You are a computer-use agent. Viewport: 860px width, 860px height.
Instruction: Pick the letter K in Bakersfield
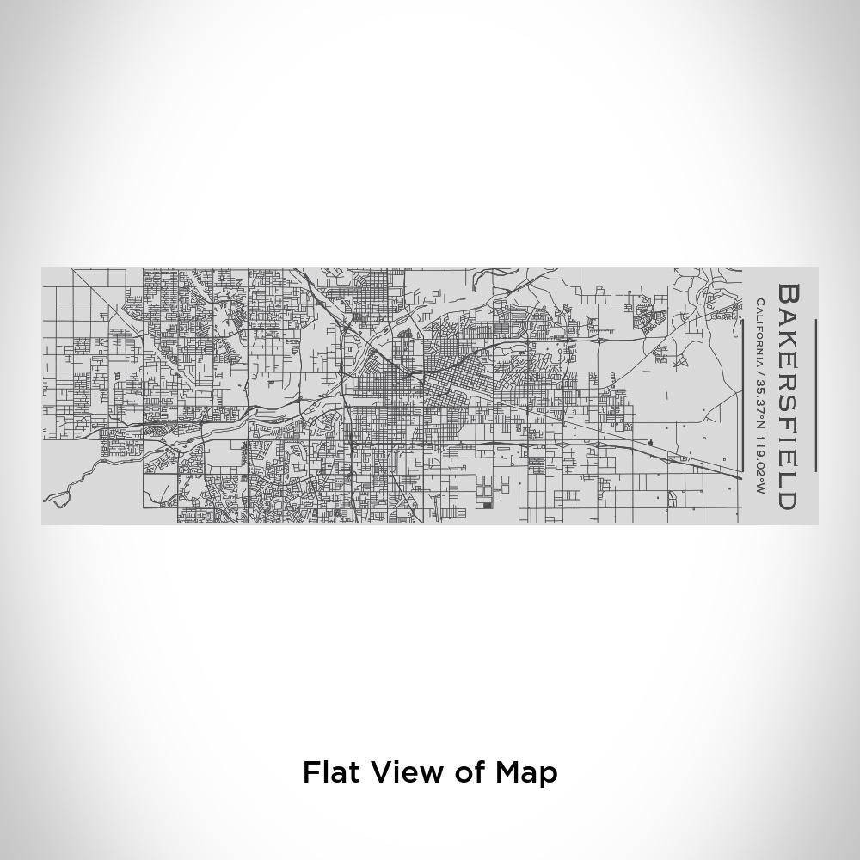(x=788, y=339)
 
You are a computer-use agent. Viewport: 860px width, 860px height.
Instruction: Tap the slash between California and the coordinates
(x=760, y=374)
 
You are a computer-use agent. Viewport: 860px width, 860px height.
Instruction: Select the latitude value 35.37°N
(x=760, y=408)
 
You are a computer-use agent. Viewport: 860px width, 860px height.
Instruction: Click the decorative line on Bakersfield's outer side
(x=815, y=396)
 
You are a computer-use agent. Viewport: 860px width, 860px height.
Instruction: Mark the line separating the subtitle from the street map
(x=742, y=396)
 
